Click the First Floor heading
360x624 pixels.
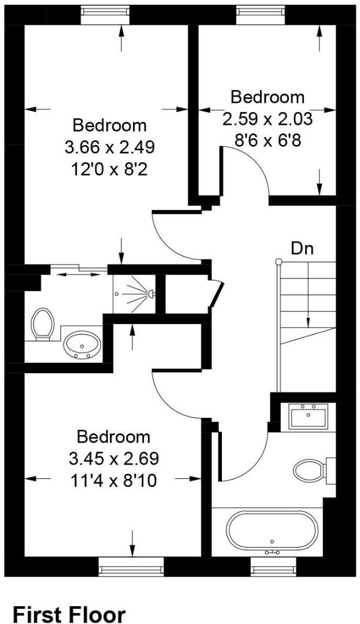click(x=69, y=614)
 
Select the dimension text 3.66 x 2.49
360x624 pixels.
click(x=110, y=147)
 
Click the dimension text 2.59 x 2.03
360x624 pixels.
click(x=268, y=119)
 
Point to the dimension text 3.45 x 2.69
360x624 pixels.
click(x=114, y=459)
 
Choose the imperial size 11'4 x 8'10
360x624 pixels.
click(x=114, y=480)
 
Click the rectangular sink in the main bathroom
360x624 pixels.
click(x=308, y=416)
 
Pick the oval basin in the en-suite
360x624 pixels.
click(x=82, y=346)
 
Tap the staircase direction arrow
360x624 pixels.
click(x=309, y=300)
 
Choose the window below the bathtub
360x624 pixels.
click(x=272, y=567)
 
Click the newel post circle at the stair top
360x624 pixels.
click(x=279, y=262)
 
